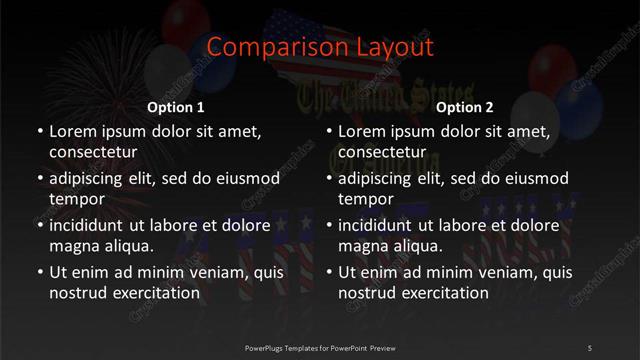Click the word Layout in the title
389,47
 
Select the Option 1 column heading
176,106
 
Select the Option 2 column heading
465,106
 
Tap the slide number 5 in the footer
590,347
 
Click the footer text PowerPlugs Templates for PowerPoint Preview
319,347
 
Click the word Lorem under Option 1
71,131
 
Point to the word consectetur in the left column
93,152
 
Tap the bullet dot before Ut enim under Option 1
38,272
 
